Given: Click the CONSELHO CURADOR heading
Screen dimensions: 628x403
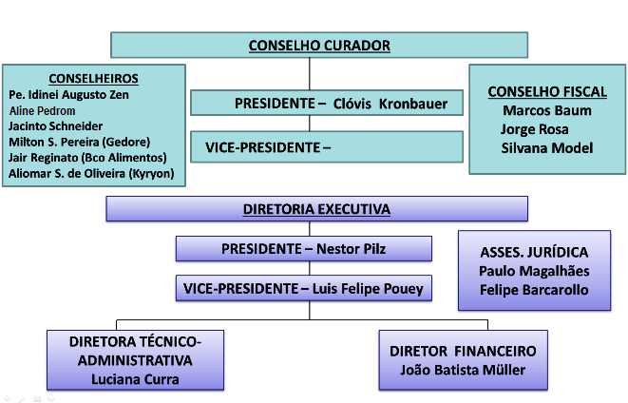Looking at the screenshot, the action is [x=319, y=46].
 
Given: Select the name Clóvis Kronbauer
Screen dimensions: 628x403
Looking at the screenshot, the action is [x=390, y=104].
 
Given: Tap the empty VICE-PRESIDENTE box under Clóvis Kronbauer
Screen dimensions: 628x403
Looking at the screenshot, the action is [x=327, y=147].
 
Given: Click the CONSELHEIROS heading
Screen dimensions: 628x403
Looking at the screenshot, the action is [x=94, y=79].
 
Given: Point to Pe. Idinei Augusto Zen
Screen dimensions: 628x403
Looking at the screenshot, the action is [x=69, y=95].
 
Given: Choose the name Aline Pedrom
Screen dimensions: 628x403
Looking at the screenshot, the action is [x=42, y=110].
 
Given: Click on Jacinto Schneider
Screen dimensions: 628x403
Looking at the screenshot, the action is [x=56, y=126].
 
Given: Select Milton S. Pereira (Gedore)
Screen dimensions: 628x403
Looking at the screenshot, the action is [x=79, y=142].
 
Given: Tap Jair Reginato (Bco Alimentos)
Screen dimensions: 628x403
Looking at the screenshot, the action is [x=87, y=158].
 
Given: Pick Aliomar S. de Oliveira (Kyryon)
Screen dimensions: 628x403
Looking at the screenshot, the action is [x=91, y=173].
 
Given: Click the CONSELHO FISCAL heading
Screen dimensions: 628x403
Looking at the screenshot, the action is [x=547, y=92].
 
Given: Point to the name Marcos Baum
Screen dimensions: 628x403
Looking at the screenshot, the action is [x=547, y=110].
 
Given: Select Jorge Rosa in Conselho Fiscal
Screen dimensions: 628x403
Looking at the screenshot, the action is [x=534, y=129].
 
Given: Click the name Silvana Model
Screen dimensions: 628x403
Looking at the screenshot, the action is [x=547, y=148].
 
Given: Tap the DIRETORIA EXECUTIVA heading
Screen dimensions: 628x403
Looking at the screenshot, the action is [x=316, y=209].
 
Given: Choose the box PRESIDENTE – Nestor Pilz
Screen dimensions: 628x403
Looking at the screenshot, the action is [x=304, y=249].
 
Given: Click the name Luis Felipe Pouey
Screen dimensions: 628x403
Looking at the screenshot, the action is [x=368, y=288].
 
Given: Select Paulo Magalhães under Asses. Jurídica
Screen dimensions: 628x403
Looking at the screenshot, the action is [x=534, y=271].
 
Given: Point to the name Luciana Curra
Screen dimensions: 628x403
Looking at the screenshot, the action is [x=135, y=379].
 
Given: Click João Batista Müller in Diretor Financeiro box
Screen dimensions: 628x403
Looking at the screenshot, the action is [x=463, y=370].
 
